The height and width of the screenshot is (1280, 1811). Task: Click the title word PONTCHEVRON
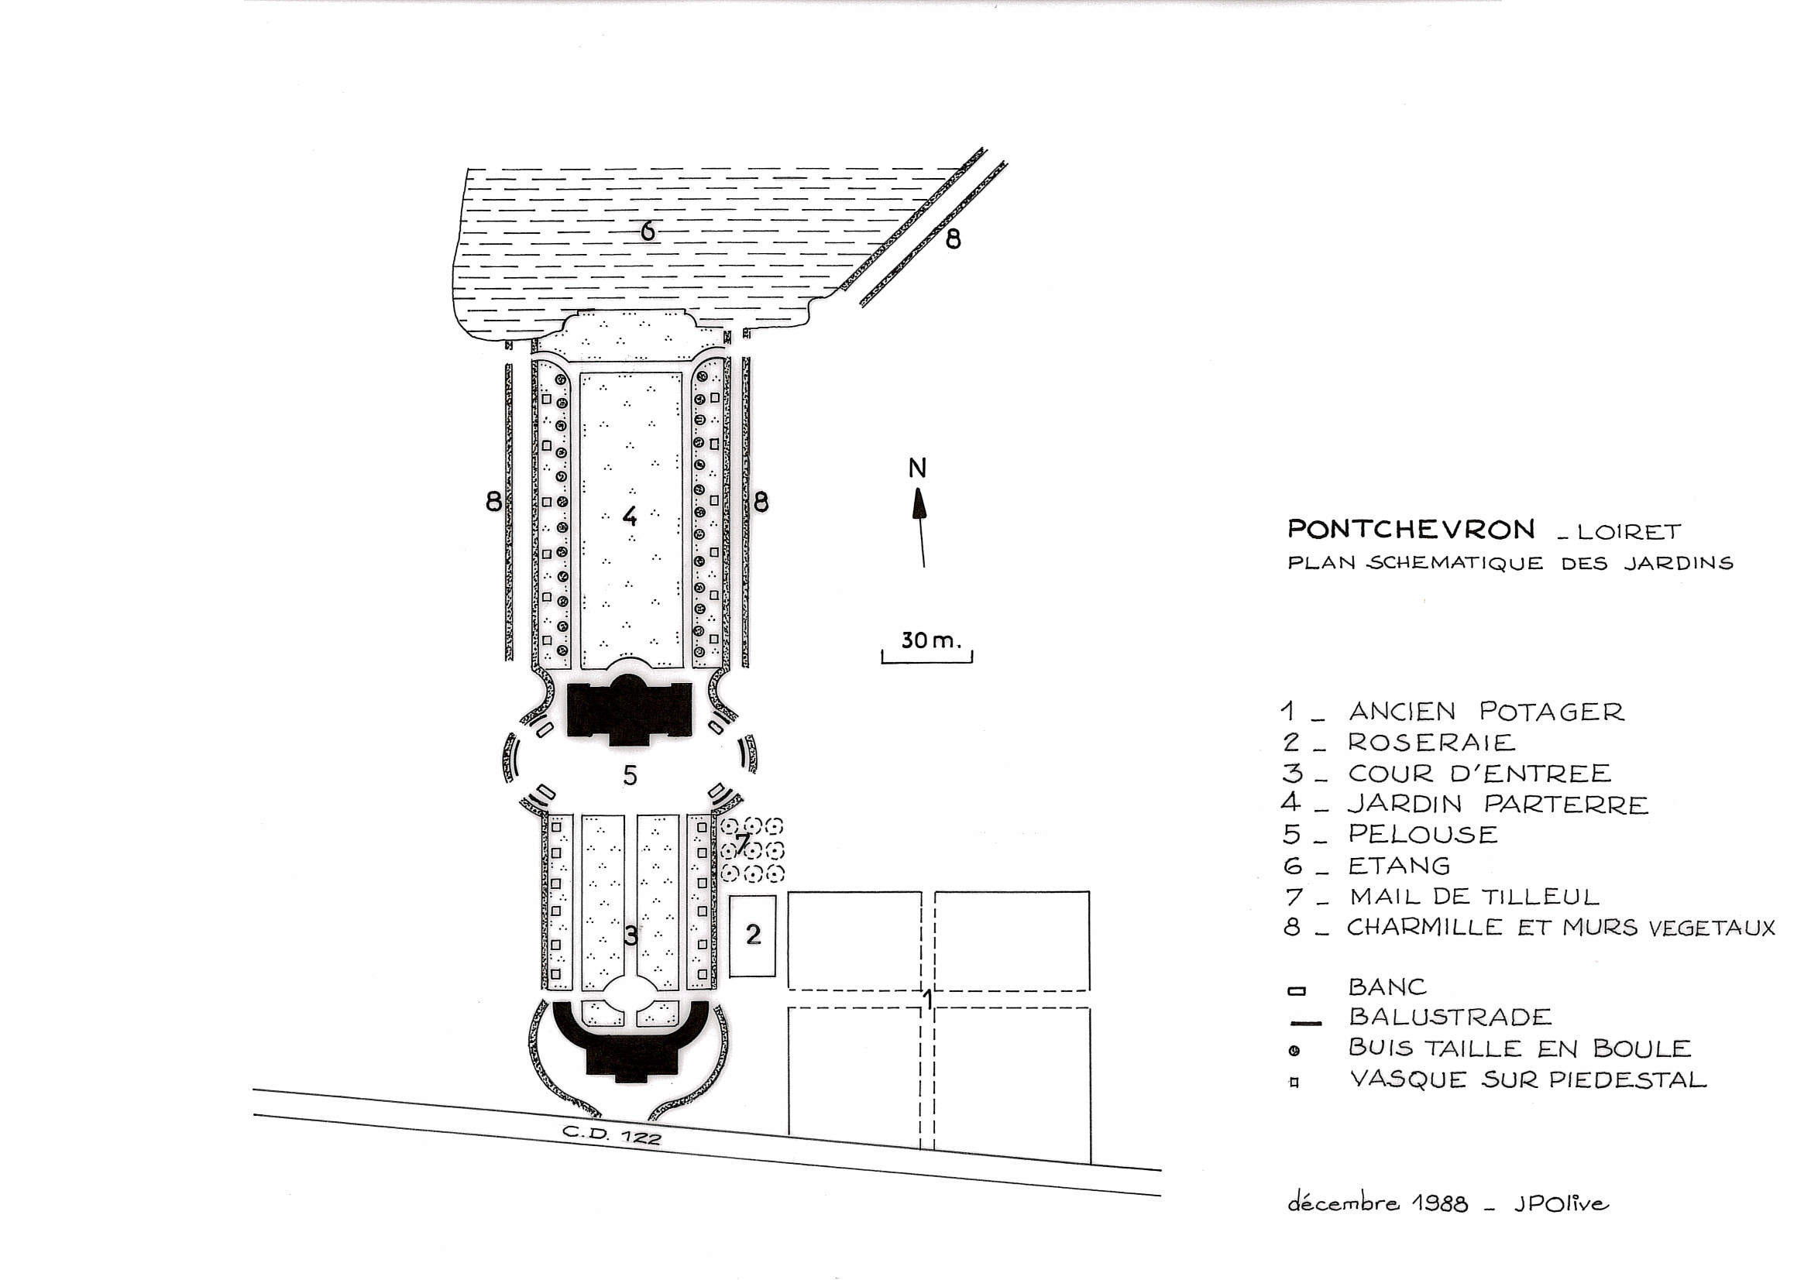pos(1411,528)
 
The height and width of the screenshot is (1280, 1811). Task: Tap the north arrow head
pos(919,503)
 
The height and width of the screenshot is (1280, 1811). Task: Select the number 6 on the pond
pos(648,231)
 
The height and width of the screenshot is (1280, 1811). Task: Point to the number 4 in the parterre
pos(630,516)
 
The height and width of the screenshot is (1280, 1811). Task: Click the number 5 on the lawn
pos(630,775)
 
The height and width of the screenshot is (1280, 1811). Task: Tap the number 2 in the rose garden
pos(753,934)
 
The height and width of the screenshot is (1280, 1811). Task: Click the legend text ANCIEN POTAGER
pos(1486,712)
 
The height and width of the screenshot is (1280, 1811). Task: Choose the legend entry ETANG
pos(1398,866)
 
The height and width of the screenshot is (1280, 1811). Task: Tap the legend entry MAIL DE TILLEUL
pos(1473,897)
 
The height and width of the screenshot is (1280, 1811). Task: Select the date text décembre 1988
pos(1378,1203)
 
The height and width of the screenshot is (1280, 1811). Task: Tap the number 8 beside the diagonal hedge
pos(953,240)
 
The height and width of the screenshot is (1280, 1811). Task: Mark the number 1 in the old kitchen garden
pos(929,999)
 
